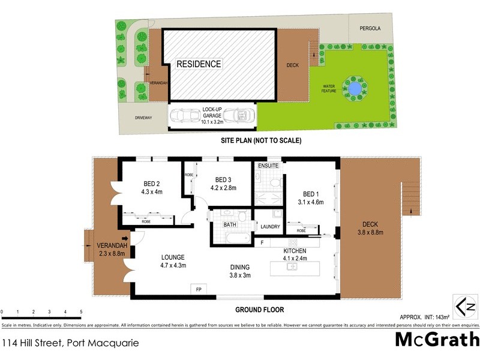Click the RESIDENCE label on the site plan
[x=199, y=64]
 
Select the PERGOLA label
[x=370, y=28]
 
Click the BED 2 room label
[x=151, y=184]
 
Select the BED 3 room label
[x=223, y=179]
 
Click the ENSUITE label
[x=267, y=166]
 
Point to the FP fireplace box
[x=198, y=289]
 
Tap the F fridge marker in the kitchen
[x=262, y=242]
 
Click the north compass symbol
[x=464, y=307]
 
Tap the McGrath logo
[x=436, y=339]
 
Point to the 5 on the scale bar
[x=80, y=312]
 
